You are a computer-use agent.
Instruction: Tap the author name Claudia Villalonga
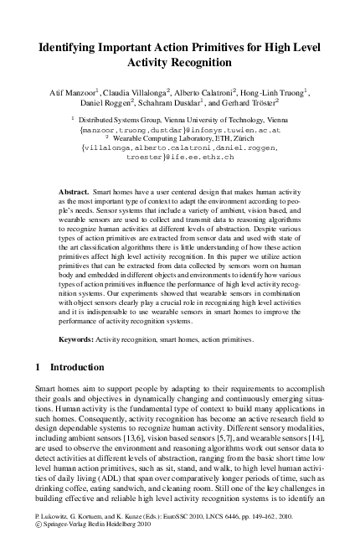click(x=133, y=90)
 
